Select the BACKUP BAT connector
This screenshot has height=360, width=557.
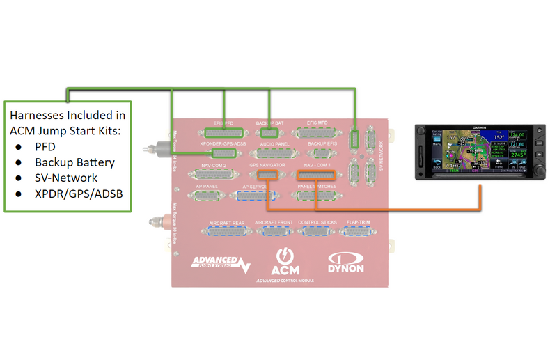point(269,132)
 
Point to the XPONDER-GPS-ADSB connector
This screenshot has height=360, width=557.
point(223,152)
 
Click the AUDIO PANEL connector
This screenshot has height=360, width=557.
point(274,153)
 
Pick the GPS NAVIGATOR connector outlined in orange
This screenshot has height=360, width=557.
point(268,175)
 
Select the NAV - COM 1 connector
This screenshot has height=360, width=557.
point(317,175)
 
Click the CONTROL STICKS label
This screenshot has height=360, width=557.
point(317,222)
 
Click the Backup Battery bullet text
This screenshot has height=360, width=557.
point(74,162)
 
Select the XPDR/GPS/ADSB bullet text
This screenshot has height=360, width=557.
point(79,193)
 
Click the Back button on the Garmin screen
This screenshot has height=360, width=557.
point(437,168)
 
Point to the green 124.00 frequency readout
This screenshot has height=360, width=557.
point(516,135)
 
